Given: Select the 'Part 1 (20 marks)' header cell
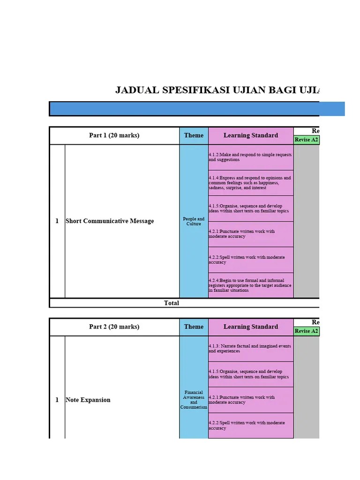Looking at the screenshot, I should tap(114, 135).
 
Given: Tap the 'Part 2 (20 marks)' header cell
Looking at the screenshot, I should tap(114, 327).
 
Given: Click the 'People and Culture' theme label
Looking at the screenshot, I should tap(194, 221).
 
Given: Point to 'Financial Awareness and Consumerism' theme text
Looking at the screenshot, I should tap(194, 400).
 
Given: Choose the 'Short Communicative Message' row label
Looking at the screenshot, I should tap(110, 221).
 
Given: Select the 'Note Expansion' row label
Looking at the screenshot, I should tap(88, 400).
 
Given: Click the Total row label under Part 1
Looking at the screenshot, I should tap(172, 303).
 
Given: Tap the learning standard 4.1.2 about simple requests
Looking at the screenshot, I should tap(250, 157).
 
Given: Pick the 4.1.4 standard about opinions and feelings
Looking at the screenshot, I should tap(250, 183).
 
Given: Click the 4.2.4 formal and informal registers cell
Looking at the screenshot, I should tap(250, 285).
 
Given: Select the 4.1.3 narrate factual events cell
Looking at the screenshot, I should tap(250, 348).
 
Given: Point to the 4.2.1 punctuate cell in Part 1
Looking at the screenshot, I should tap(250, 234).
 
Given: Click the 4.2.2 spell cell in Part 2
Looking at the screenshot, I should tap(250, 425).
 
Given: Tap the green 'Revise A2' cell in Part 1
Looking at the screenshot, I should tap(307, 140).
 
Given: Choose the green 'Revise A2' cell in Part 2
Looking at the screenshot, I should tap(307, 331).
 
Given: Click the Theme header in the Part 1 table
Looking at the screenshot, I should tap(194, 135).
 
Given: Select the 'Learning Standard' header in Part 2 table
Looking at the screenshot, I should tap(250, 327).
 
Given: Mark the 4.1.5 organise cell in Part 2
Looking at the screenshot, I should tap(250, 374).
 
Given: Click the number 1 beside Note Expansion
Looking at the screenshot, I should tap(57, 400).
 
